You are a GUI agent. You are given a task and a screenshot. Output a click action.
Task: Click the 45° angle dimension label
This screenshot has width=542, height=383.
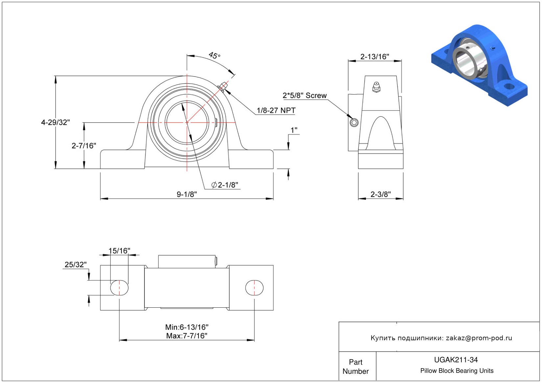(x=214, y=55)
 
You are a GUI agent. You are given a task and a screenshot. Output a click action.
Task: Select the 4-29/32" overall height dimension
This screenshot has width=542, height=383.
(x=55, y=122)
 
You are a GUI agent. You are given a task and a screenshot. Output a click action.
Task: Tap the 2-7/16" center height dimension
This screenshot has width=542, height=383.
(x=84, y=145)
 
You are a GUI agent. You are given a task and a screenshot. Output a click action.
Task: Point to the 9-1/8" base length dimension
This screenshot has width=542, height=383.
(x=187, y=194)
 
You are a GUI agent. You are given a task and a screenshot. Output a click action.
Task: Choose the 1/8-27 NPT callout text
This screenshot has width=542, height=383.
(x=276, y=110)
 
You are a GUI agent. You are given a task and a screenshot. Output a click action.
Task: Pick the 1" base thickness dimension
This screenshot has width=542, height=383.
(x=294, y=130)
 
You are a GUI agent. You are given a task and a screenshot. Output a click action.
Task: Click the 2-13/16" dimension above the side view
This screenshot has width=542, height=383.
(x=374, y=57)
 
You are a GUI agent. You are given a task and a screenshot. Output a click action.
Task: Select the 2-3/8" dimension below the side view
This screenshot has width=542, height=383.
(x=380, y=194)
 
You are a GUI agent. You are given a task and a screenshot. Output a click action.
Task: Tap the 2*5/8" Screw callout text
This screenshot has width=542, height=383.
(x=304, y=95)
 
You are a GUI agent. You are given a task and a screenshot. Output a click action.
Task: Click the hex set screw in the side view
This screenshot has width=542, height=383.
(x=354, y=123)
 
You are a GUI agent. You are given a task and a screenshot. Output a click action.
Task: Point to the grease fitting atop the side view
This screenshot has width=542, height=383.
(x=376, y=87)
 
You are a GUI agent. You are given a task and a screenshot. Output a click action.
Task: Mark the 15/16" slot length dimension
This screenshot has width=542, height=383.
(x=119, y=251)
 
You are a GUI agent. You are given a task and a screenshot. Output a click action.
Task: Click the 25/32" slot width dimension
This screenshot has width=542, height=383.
(x=75, y=265)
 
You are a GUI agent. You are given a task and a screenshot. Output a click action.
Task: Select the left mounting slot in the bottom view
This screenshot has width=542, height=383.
(x=119, y=288)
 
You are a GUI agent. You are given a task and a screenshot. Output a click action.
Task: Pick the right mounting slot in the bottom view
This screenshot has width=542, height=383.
(x=254, y=288)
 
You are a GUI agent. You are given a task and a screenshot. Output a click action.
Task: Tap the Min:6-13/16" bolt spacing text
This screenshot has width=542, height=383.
(x=187, y=327)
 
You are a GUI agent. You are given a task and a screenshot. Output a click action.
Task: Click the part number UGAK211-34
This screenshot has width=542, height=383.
(x=456, y=360)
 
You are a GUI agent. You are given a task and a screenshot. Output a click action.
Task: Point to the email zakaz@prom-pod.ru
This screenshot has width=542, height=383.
(x=479, y=338)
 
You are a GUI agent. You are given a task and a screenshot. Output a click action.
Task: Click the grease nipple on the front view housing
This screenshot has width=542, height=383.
(x=222, y=86)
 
